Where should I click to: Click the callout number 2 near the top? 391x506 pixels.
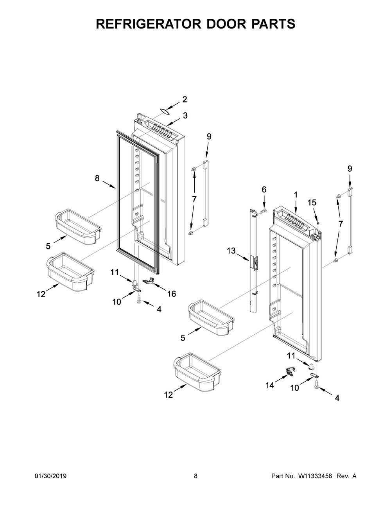point(185,99)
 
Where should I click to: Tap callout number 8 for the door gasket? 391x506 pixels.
point(97,178)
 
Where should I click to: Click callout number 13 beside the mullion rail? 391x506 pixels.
point(231,251)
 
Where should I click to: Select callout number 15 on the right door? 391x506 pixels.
point(312,203)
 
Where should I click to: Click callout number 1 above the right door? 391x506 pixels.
point(296,194)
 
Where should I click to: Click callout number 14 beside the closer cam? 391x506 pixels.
point(270,385)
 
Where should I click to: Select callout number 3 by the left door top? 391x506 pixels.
point(185,116)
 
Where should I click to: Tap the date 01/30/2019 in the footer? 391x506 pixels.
point(51,476)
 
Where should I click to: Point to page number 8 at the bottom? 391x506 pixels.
point(195,476)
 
